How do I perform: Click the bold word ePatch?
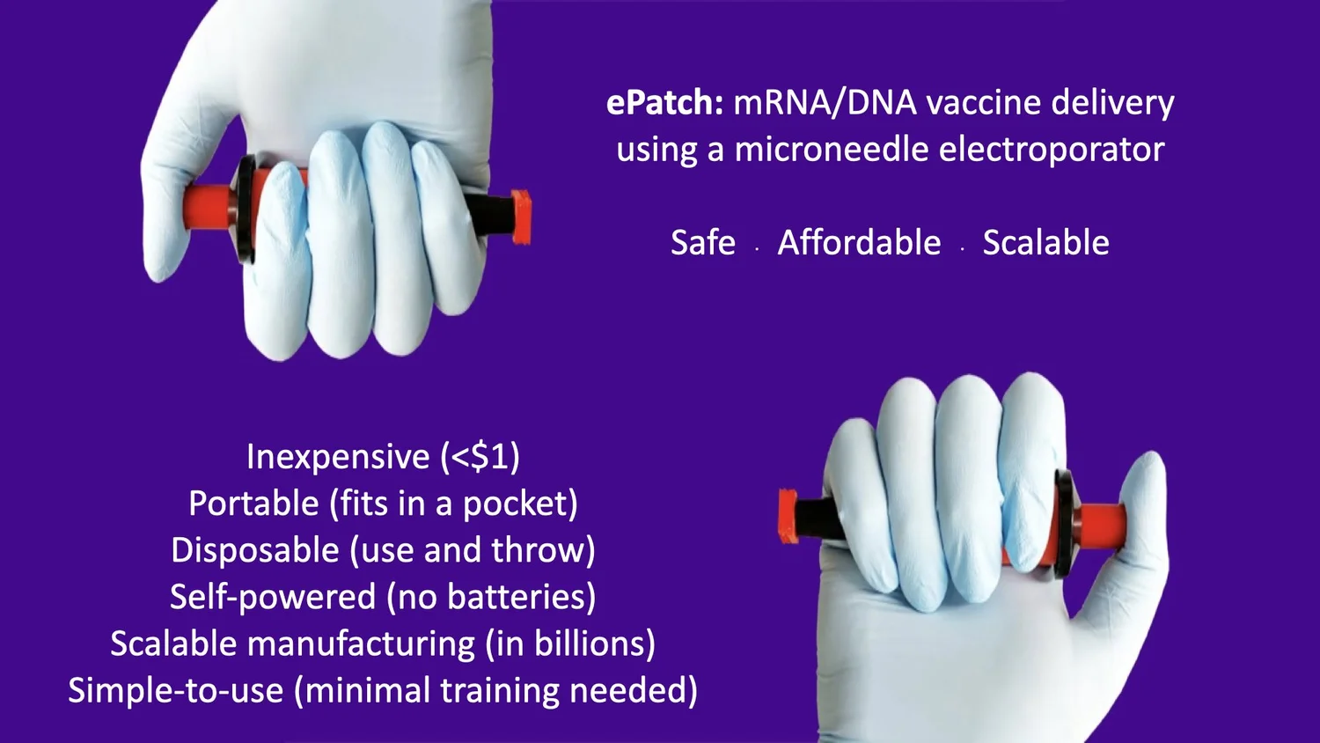pyautogui.click(x=664, y=103)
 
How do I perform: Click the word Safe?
pyautogui.click(x=702, y=243)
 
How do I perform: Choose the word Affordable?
pyautogui.click(x=859, y=243)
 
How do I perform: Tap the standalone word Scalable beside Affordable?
pyautogui.click(x=1045, y=243)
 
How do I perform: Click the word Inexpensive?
pyautogui.click(x=338, y=457)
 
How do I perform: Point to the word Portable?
pyautogui.click(x=253, y=504)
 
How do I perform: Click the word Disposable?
pyautogui.click(x=255, y=550)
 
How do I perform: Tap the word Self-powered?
pyautogui.click(x=273, y=597)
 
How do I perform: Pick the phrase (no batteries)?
pyautogui.click(x=491, y=597)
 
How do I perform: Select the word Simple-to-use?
pyautogui.click(x=176, y=690)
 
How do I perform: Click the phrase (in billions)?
pyautogui.click(x=570, y=644)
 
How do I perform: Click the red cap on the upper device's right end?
pyautogui.click(x=520, y=217)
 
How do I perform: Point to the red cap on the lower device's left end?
pyautogui.click(x=788, y=514)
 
